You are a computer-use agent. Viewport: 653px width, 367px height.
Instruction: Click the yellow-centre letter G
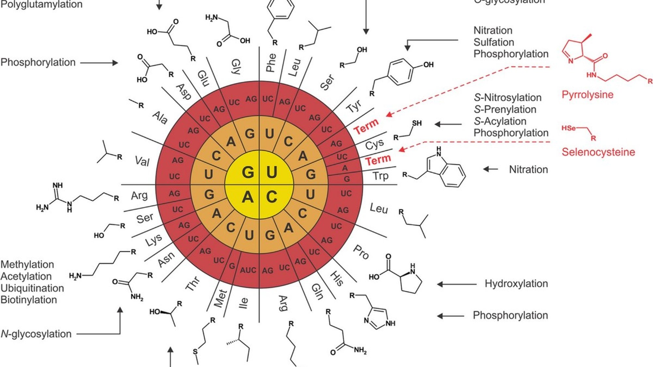coord(248,172)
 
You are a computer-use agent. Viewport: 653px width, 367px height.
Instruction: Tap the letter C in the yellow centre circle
coord(271,197)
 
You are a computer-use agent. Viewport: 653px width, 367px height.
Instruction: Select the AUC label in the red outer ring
coord(248,270)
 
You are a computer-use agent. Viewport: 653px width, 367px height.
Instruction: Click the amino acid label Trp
coord(380,176)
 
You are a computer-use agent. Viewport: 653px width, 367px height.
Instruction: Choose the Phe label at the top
coord(271,62)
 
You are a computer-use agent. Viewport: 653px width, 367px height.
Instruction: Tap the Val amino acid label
coord(142,161)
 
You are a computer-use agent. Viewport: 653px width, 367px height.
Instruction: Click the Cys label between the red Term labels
coord(374,145)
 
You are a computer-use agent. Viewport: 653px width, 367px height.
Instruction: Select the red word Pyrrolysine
coord(587,95)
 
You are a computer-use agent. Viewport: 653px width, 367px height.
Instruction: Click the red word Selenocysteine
coord(598,152)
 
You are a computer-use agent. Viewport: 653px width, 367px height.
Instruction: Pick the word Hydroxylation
coord(516,283)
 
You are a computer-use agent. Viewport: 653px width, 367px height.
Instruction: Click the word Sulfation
coord(494,42)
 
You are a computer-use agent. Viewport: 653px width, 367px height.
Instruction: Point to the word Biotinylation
coord(29,299)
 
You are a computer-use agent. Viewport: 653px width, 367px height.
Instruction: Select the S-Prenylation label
coord(505,109)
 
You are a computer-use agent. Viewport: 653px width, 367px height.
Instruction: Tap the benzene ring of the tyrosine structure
coord(400,72)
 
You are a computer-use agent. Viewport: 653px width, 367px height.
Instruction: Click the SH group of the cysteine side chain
coord(417,123)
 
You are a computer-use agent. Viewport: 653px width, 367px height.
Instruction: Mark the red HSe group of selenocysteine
coord(568,128)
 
